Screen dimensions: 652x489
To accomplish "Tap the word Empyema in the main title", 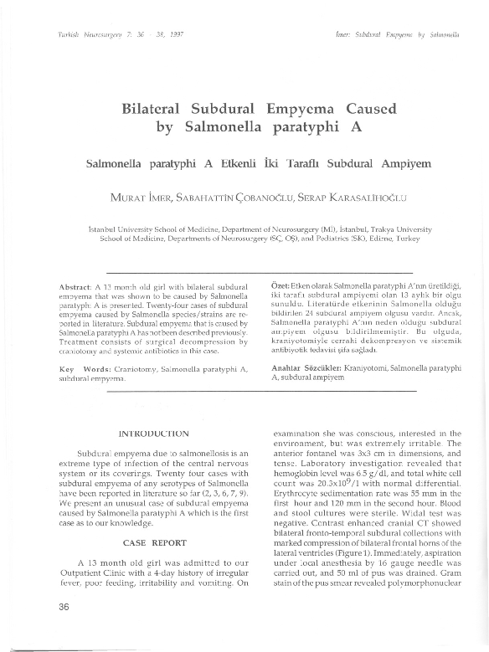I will (x=301, y=110).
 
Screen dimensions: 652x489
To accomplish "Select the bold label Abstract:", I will (x=80, y=288).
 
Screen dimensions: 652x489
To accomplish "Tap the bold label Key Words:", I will (x=86, y=369).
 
